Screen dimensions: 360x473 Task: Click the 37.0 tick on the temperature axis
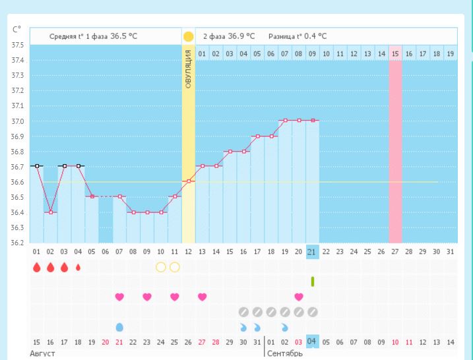click(x=17, y=121)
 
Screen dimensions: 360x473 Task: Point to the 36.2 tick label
click(x=17, y=243)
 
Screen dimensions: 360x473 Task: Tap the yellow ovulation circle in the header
click(x=189, y=36)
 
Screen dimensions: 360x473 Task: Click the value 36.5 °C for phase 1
click(x=124, y=36)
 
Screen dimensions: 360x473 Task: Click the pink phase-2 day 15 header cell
click(x=395, y=53)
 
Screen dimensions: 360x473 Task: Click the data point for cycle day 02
click(x=51, y=212)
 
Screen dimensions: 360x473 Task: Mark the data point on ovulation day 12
click(x=189, y=181)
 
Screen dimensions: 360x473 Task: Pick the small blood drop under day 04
click(x=79, y=267)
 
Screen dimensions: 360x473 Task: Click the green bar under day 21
click(x=313, y=282)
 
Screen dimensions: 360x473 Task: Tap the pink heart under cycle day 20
click(x=299, y=297)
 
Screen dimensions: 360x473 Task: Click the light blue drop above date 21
click(x=119, y=327)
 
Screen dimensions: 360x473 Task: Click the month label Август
click(x=44, y=354)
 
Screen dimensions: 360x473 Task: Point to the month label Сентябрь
click(x=285, y=354)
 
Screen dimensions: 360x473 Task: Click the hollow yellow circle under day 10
click(x=161, y=267)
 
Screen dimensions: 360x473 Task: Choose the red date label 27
click(x=203, y=342)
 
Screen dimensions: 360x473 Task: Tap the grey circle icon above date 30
click(x=243, y=312)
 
